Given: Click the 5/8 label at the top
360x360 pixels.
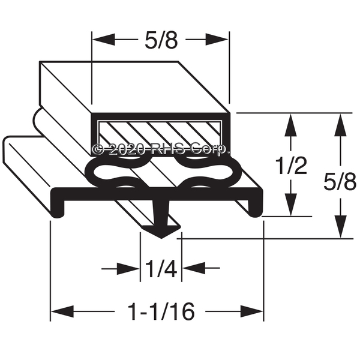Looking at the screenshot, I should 161,41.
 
